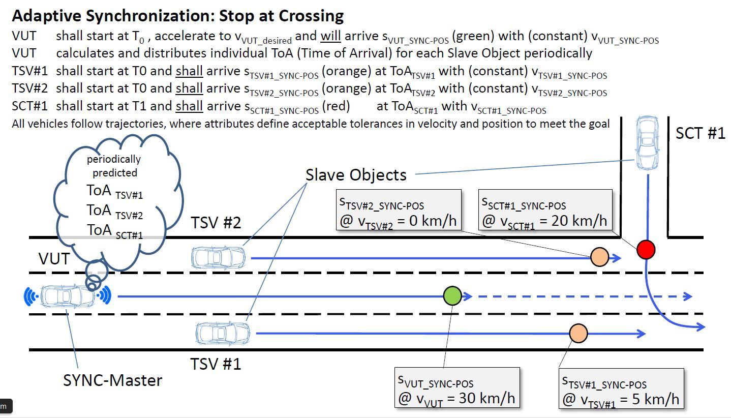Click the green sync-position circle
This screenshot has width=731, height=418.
[x=452, y=296]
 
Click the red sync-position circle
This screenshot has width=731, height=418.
[x=646, y=250]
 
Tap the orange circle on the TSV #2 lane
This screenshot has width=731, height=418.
[x=599, y=257]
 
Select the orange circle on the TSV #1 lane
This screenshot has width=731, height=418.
[x=578, y=333]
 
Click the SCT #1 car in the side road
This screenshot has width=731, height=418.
[x=647, y=143]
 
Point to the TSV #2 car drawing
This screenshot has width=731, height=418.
[x=218, y=257]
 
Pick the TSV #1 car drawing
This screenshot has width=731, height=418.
[x=223, y=334]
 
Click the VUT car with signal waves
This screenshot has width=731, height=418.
[x=67, y=296]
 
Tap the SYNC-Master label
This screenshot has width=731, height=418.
[x=112, y=380]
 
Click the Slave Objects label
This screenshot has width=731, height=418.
[x=356, y=175]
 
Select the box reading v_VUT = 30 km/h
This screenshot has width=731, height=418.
[x=457, y=387]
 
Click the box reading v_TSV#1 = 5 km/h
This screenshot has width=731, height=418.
[x=621, y=389]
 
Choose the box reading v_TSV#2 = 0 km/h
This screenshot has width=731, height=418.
[x=399, y=210]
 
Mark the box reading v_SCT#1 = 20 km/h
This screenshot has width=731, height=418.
[x=545, y=210]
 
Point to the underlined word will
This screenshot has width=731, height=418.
[x=330, y=36]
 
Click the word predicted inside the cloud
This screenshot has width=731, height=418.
[x=115, y=173]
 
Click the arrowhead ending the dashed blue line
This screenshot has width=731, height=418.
[x=688, y=296]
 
